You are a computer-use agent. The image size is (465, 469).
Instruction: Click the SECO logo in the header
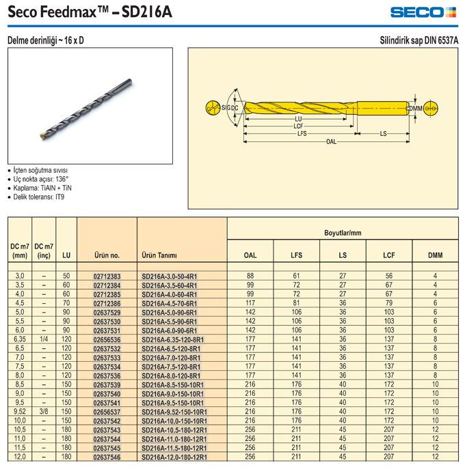pos(423,12)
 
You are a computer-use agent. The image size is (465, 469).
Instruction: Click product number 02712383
pos(107,276)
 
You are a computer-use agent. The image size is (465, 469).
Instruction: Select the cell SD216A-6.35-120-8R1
pos(172,339)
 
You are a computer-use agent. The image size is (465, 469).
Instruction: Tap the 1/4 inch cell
pos(44,339)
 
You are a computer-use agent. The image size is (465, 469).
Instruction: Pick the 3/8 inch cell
pos(44,411)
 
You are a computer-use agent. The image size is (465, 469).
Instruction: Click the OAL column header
pos(250,255)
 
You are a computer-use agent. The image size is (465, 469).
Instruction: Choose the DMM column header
pos(435,255)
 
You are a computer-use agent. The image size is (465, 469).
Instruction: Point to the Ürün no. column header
pos(107,255)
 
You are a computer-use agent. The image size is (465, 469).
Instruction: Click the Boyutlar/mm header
pos(343,233)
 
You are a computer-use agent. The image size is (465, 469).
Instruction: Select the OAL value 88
pos(250,276)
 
